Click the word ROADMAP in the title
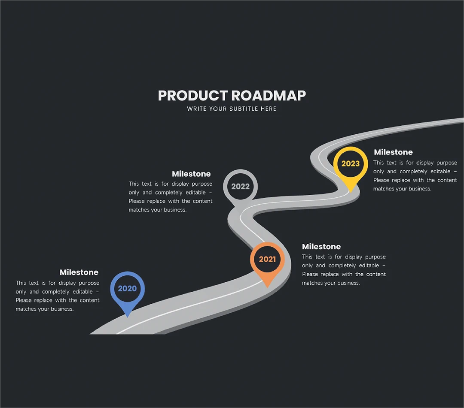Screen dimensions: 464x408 point(269,95)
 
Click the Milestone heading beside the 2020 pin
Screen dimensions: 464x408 point(79,272)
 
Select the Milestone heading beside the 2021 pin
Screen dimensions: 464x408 point(321,246)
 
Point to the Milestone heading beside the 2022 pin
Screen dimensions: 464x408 point(191,174)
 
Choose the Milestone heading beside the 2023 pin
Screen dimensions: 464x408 point(393,152)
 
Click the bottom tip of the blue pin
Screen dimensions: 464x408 point(128,317)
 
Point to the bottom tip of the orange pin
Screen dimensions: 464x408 point(268,287)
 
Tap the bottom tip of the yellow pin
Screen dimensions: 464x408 point(351,193)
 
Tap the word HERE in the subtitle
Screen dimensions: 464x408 point(269,109)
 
